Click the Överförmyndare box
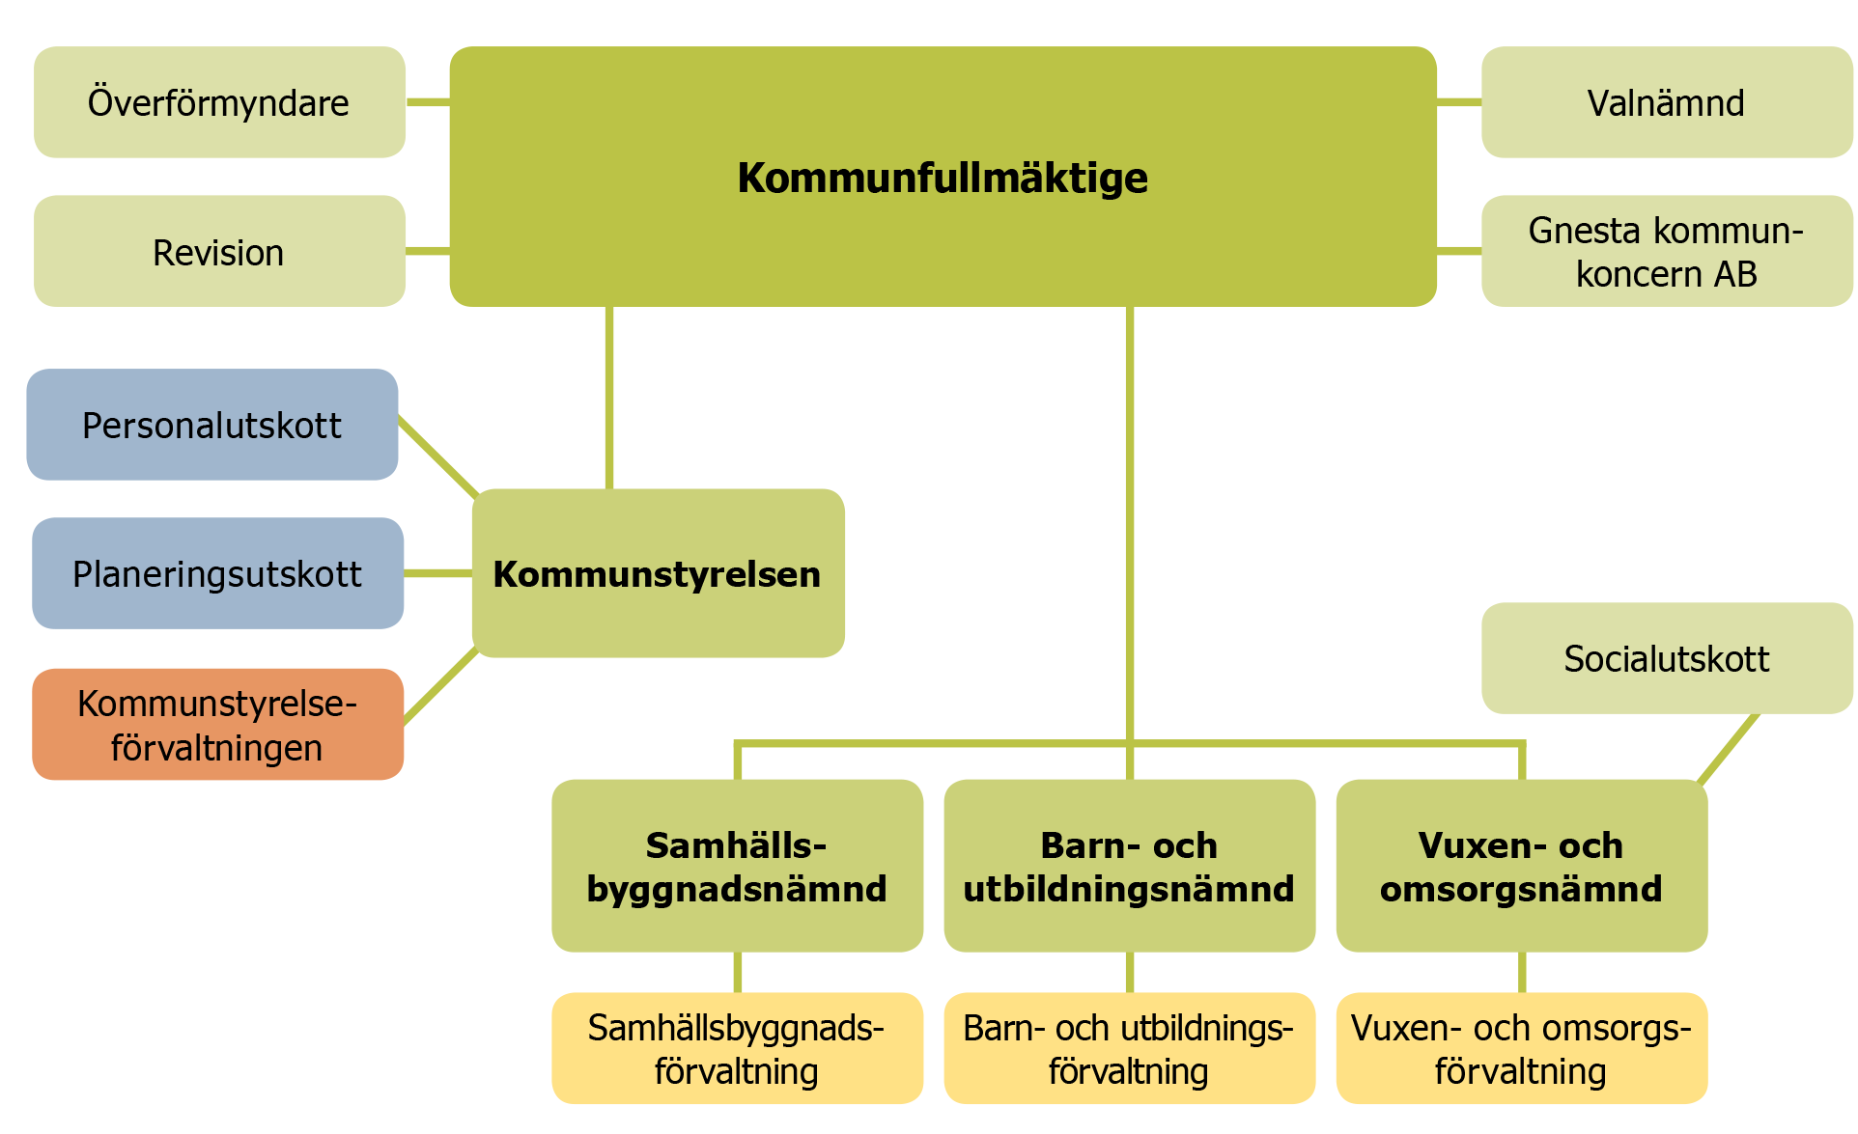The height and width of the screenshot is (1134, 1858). (x=219, y=102)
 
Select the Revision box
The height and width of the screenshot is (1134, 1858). (x=219, y=252)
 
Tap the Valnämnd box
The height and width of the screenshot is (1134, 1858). (x=1667, y=102)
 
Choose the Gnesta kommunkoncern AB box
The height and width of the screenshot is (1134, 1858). (x=1667, y=252)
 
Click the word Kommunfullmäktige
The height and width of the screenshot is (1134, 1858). (x=943, y=178)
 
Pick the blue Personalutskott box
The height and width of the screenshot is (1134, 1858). (x=212, y=425)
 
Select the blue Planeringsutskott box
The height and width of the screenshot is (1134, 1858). (x=218, y=573)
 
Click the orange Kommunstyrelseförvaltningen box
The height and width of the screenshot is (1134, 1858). (x=218, y=725)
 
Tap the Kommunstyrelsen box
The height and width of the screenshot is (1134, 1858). (x=659, y=573)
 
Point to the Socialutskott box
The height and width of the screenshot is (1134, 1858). (x=1667, y=658)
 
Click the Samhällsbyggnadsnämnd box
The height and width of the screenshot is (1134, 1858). (x=737, y=866)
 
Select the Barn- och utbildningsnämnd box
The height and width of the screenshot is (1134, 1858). (x=1130, y=866)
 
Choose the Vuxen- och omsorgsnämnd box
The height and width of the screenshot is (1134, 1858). (x=1522, y=866)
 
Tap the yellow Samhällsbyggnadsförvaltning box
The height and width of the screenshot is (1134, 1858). (x=737, y=1048)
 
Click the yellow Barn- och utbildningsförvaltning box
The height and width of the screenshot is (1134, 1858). (x=1130, y=1048)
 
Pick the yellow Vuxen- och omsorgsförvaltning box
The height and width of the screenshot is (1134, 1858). (x=1522, y=1048)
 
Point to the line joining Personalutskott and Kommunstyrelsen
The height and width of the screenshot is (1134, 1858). (x=438, y=457)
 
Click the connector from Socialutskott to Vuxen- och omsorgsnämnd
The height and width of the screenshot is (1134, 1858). (x=1728, y=749)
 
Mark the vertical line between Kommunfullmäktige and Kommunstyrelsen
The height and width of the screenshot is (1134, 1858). (x=609, y=398)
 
